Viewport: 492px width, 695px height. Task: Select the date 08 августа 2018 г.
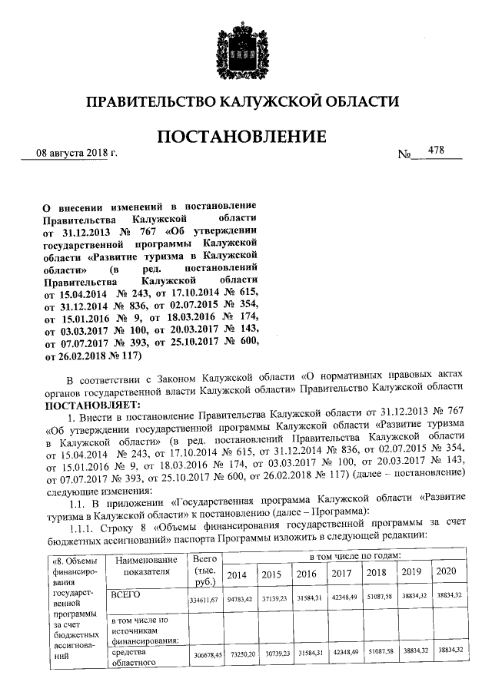[77, 154]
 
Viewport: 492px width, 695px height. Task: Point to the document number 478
[436, 151]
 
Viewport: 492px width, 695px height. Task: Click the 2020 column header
[447, 572]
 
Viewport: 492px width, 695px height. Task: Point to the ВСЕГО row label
[128, 594]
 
